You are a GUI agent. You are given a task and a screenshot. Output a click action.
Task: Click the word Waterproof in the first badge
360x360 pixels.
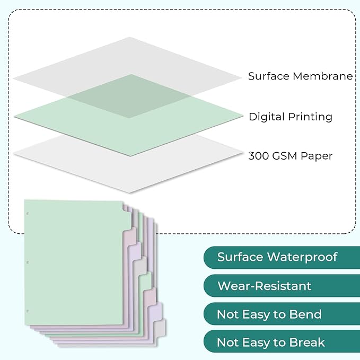[302, 257]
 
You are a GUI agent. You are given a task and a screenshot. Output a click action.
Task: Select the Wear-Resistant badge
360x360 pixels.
[265, 286]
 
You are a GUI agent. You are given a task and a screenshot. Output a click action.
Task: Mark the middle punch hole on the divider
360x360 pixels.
[28, 262]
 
